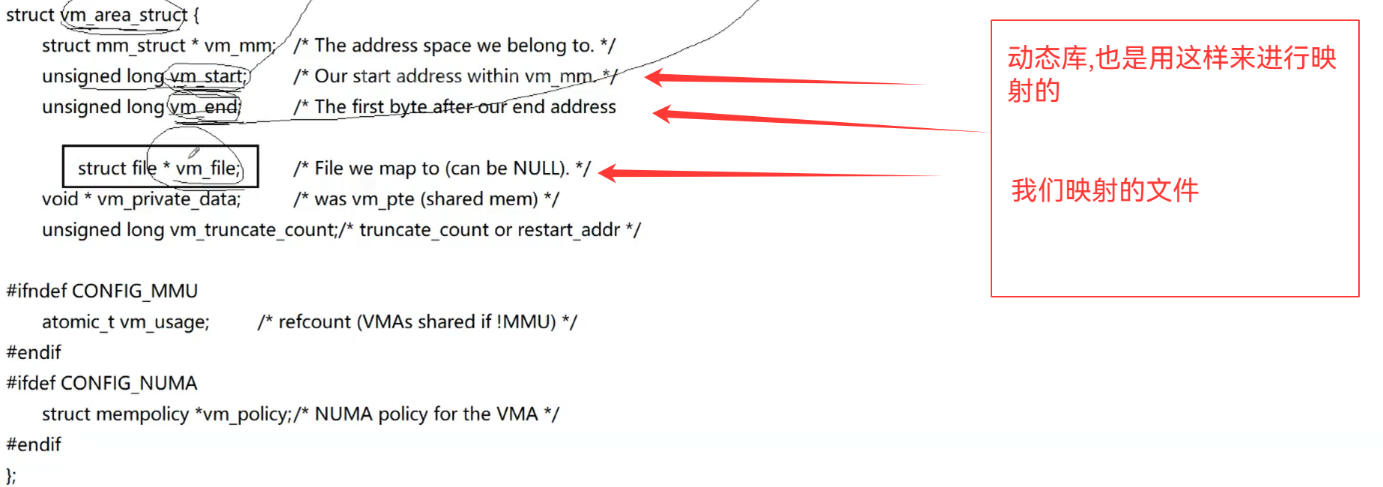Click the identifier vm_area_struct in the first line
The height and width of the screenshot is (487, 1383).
click(x=124, y=15)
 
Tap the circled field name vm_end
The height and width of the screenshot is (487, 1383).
click(x=204, y=107)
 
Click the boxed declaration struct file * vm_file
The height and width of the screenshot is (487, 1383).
click(x=159, y=168)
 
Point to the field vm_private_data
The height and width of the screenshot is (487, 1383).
click(x=168, y=199)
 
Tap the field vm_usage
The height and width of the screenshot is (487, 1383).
click(x=164, y=322)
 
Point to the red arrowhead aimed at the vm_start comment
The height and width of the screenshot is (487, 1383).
click(x=653, y=77)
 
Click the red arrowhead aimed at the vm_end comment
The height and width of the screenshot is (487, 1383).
click(x=662, y=114)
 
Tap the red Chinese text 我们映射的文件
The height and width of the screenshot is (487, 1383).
click(x=1104, y=190)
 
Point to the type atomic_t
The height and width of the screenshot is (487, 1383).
click(x=78, y=322)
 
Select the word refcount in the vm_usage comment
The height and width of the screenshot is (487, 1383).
click(x=314, y=322)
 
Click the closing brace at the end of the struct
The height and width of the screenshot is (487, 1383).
click(x=9, y=475)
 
